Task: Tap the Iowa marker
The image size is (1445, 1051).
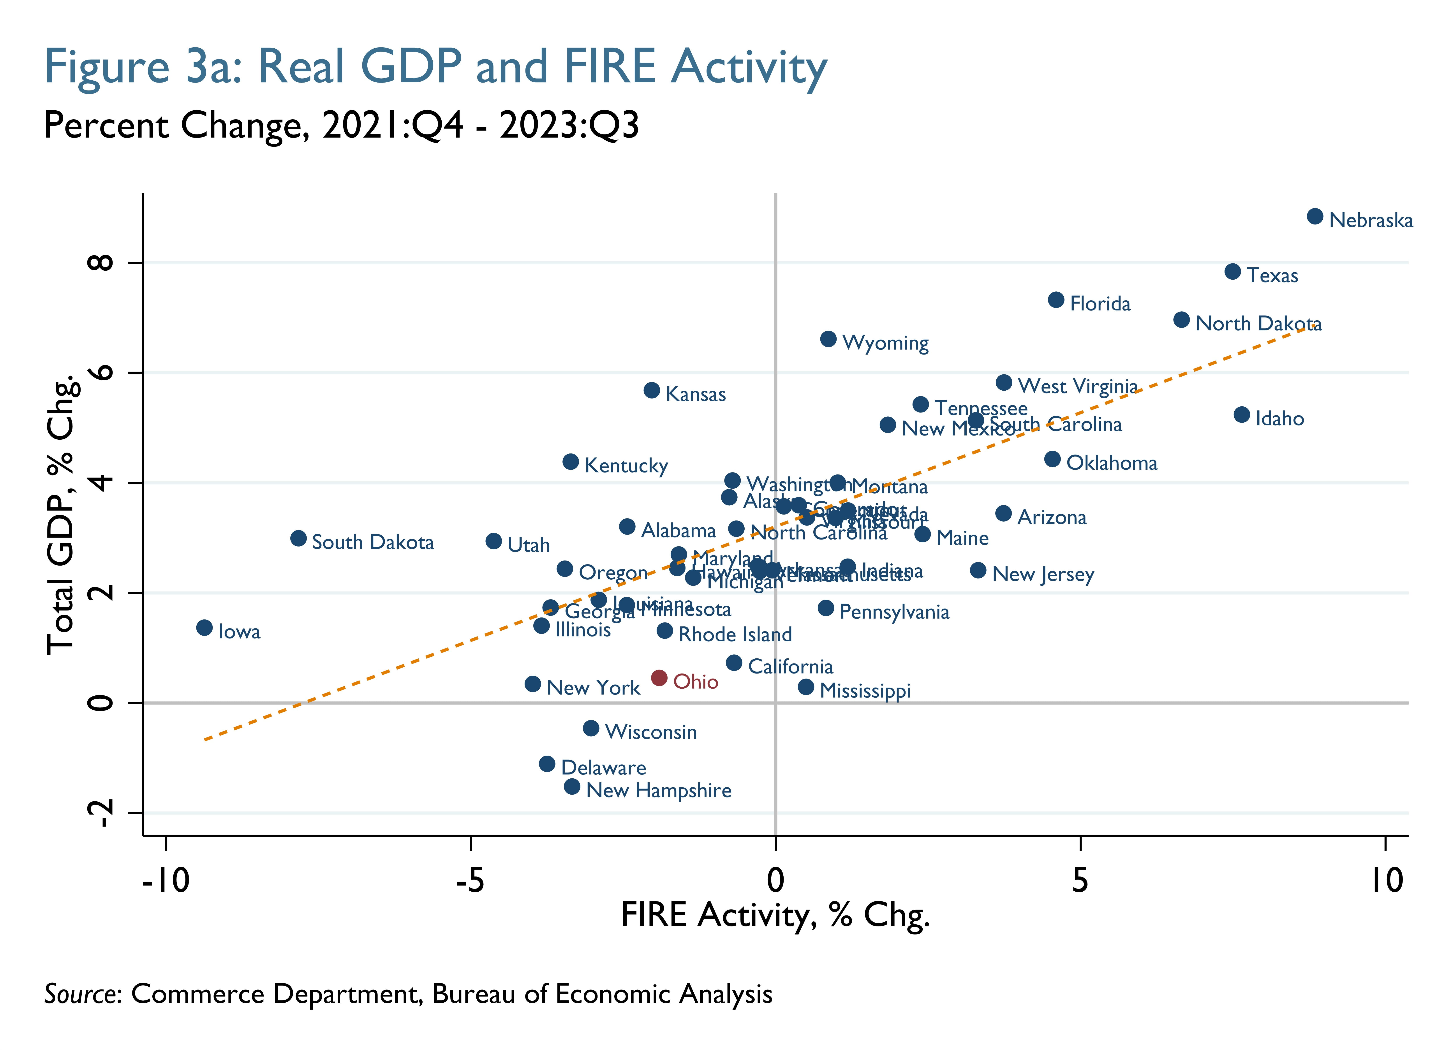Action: [x=204, y=628]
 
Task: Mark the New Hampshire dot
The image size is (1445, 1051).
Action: [x=572, y=786]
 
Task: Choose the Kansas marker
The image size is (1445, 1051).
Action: [x=651, y=390]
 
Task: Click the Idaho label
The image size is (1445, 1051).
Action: [x=1279, y=419]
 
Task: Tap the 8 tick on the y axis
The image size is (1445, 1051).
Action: [x=102, y=262]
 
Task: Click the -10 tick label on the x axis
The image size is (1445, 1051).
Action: [x=166, y=881]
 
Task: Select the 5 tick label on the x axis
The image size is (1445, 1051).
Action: [x=1080, y=881]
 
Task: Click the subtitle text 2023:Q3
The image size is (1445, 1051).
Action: [x=569, y=125]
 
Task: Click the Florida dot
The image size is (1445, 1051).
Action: [x=1056, y=300]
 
